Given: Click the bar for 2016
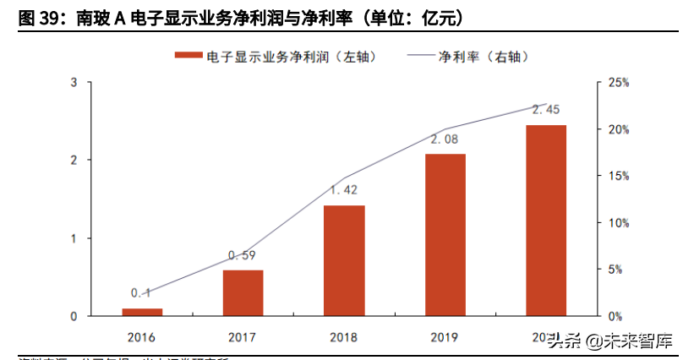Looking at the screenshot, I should pos(142,312).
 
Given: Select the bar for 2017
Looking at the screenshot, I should pos(243,292).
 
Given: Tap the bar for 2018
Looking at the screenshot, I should pos(344,260).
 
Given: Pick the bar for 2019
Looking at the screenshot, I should pos(445,234).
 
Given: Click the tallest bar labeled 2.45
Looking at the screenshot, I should pos(546,220).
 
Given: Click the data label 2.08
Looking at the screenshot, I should pos(445,139).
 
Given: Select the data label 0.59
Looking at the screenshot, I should pos(243,255).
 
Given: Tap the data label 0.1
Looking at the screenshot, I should pos(141,293).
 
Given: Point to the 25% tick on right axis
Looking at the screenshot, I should pos(619,83).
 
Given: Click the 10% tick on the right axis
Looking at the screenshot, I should pos(619,223).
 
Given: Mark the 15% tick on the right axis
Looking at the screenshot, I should pos(619,177).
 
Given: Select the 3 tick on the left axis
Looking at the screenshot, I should pos(74,83).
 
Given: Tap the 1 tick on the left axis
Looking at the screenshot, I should pos(74,238).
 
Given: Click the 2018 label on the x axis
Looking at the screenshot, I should pos(344,337).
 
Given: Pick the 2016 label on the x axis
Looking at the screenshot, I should pos(142,337).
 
